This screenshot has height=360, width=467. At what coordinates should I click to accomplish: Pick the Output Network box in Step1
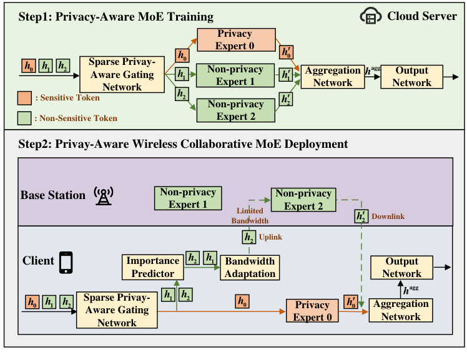(x=411, y=77)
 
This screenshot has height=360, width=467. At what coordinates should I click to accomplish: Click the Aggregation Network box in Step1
(x=333, y=77)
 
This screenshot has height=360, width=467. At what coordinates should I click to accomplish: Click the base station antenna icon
(x=102, y=195)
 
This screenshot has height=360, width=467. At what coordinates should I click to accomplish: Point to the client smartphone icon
(x=66, y=262)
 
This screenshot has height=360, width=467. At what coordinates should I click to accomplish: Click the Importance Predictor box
(x=153, y=266)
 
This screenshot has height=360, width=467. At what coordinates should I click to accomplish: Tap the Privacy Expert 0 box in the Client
(x=312, y=311)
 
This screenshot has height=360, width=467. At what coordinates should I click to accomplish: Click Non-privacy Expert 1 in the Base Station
(x=187, y=198)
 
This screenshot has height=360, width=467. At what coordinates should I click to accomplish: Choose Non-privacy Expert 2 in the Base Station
(x=303, y=200)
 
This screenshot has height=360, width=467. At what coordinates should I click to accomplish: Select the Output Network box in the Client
(x=401, y=268)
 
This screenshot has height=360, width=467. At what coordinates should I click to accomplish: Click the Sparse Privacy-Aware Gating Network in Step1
(x=122, y=74)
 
